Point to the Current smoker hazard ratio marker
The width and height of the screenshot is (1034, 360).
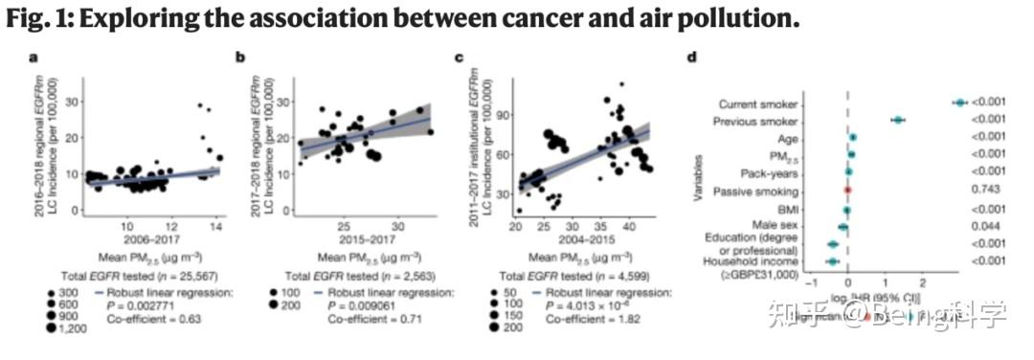tap(959, 102)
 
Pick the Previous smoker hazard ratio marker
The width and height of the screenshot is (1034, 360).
tap(898, 120)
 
